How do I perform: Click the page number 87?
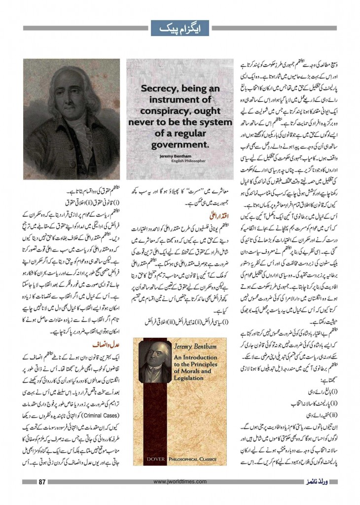click(42, 481)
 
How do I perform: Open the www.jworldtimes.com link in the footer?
click(180, 481)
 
